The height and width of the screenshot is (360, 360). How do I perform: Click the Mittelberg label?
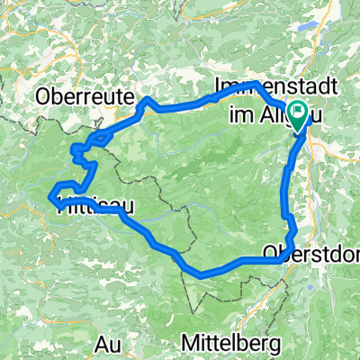pos(231,343)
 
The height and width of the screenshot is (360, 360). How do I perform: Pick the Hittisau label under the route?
pos(94,208)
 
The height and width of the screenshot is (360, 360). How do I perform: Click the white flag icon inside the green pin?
pos(297,113)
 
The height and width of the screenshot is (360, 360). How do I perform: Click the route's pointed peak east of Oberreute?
pos(145,96)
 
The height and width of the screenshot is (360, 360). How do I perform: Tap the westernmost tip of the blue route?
pos(50,192)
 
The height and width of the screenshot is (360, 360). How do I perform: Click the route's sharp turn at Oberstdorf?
pos(286,259)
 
